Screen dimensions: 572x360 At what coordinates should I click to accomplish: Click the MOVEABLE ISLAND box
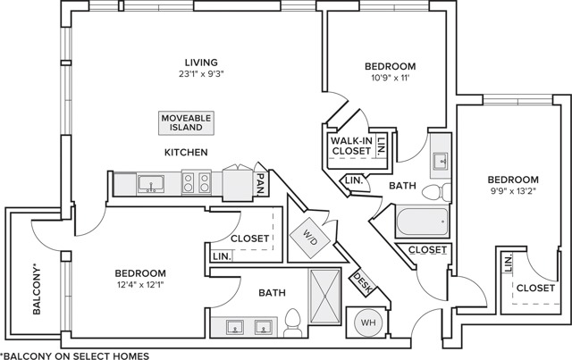[186, 123]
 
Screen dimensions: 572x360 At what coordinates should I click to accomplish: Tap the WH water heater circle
[368, 322]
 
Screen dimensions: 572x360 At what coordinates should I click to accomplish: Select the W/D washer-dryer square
[310, 239]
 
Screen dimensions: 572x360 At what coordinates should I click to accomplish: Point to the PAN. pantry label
[261, 183]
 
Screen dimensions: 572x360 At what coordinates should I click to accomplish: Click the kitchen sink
[151, 183]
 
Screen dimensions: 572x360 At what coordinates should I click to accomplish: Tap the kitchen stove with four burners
[197, 182]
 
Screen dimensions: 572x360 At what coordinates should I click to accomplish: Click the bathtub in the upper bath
[423, 222]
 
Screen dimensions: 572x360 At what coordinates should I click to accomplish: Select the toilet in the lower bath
[293, 322]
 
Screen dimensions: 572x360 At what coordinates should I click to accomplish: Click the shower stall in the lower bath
[325, 296]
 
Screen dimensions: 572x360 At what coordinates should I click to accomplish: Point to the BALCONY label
[37, 289]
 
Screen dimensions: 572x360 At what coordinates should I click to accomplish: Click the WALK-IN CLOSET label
[351, 146]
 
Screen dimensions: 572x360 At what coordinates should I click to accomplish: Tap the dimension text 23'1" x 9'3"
[201, 73]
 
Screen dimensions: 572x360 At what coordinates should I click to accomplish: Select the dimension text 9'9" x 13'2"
[513, 190]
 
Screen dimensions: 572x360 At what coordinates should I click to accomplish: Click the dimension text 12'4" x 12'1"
[140, 284]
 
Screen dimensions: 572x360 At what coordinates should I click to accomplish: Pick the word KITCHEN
[186, 152]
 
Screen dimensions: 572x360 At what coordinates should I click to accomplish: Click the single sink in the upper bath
[441, 161]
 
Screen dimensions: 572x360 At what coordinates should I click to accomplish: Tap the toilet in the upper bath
[437, 192]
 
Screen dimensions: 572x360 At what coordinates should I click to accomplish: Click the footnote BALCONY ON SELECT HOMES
[76, 356]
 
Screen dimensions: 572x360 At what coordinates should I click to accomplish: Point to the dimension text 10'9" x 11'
[390, 78]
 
